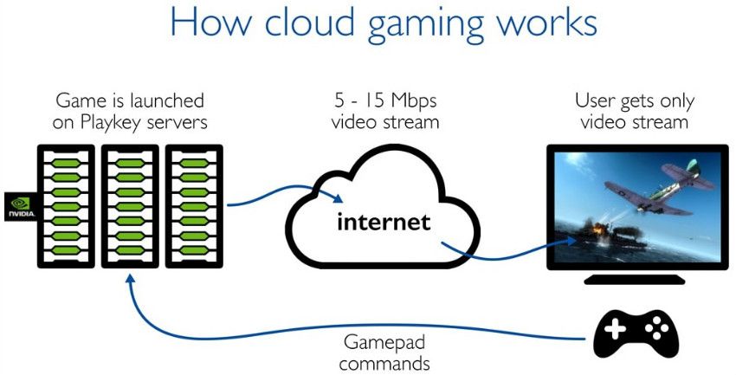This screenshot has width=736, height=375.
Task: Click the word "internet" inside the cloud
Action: pyautogui.click(x=384, y=222)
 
